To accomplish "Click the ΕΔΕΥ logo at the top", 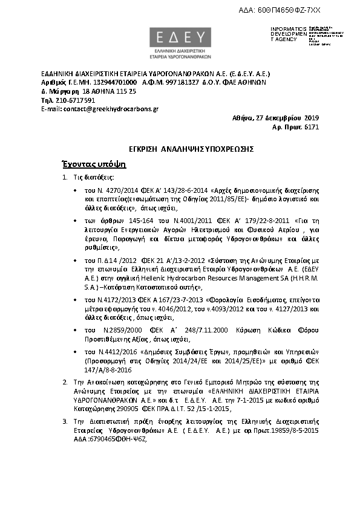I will coord(181,39).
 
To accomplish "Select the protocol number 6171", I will coord(311,128).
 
